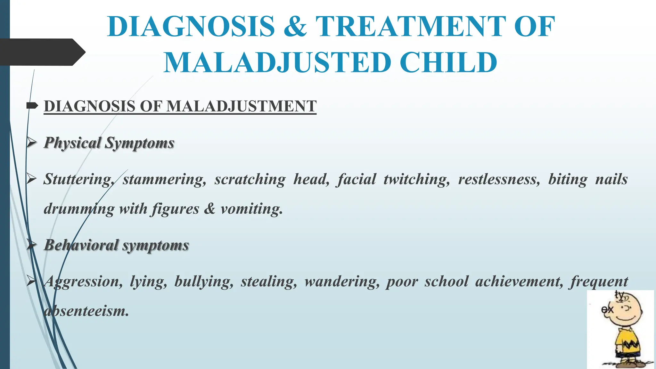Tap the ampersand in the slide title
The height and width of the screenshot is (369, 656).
coord(295,27)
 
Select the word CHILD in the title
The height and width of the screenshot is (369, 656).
coord(448,62)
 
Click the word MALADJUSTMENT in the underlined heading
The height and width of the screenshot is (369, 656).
coord(242,106)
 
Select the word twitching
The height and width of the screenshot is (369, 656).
coord(417,179)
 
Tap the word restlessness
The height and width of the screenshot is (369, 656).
coord(499,179)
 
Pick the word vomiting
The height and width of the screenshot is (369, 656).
coord(252,209)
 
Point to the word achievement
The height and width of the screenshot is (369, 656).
coord(519,282)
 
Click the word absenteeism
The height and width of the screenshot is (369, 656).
coord(86,311)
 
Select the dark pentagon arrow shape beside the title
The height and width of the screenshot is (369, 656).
coord(42,52)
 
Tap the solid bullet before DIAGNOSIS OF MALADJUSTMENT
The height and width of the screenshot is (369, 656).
coord(32,106)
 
